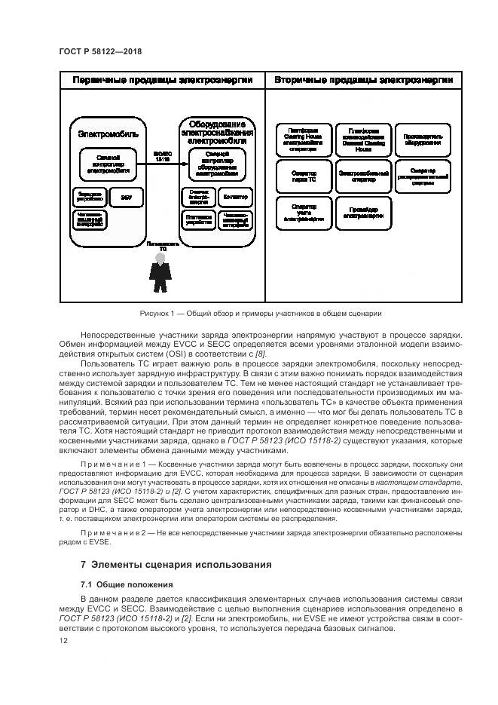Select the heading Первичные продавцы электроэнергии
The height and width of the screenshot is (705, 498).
162,80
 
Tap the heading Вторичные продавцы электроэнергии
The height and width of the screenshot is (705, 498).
363,80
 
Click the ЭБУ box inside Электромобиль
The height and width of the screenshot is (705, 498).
124,197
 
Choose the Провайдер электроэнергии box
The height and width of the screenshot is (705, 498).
363,212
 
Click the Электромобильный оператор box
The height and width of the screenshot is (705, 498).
363,176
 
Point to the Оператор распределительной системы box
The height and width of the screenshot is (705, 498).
423,176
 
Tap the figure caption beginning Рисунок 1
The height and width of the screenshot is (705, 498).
260,313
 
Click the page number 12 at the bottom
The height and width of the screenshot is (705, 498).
63,640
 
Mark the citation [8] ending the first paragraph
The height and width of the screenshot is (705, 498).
261,353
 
